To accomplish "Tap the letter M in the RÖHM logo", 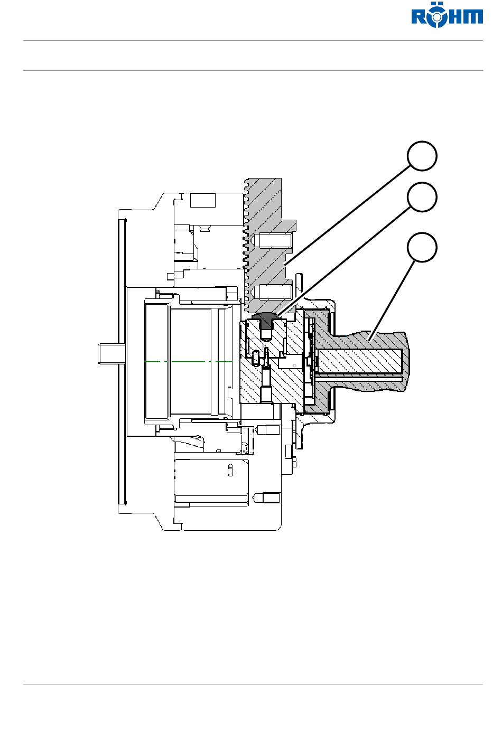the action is point(473,17).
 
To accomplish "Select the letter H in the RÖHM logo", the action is point(454,17).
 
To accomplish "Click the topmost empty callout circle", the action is point(422,156).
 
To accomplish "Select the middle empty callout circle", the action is point(422,197).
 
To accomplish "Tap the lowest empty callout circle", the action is point(422,247).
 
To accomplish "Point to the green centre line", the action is point(188,361).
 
